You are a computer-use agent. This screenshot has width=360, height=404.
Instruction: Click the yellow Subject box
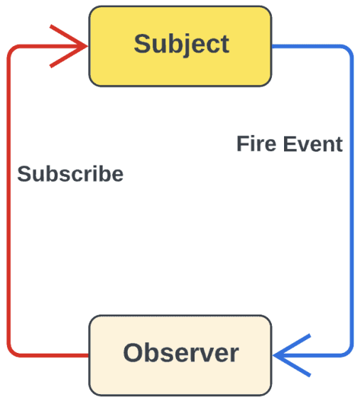(180, 46)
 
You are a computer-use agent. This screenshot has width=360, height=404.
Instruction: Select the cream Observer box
(180, 355)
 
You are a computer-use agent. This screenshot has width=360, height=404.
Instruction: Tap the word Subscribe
(70, 174)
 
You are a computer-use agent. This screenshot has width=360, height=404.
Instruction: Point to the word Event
(313, 143)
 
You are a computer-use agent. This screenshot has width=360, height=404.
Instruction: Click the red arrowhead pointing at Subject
(69, 46)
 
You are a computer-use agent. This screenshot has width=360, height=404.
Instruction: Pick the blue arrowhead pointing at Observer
(292, 355)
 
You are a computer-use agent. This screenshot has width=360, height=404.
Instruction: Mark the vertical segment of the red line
(9, 201)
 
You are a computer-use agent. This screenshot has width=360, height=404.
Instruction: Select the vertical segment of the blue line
(351, 201)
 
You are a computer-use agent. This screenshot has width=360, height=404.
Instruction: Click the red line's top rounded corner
(11, 49)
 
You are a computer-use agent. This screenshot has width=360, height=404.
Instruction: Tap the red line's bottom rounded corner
(11, 353)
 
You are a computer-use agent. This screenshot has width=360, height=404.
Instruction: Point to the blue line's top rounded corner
(349, 49)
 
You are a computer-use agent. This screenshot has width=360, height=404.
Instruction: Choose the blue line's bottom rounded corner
(349, 353)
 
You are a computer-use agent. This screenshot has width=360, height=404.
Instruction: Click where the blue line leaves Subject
(273, 46)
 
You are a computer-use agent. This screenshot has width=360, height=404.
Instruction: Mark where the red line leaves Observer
(88, 355)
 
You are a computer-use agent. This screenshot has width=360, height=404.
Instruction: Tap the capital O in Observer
(133, 353)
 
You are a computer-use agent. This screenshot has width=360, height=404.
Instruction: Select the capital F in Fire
(244, 143)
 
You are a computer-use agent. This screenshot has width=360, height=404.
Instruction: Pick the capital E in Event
(290, 143)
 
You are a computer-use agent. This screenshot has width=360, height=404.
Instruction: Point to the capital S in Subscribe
(24, 174)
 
